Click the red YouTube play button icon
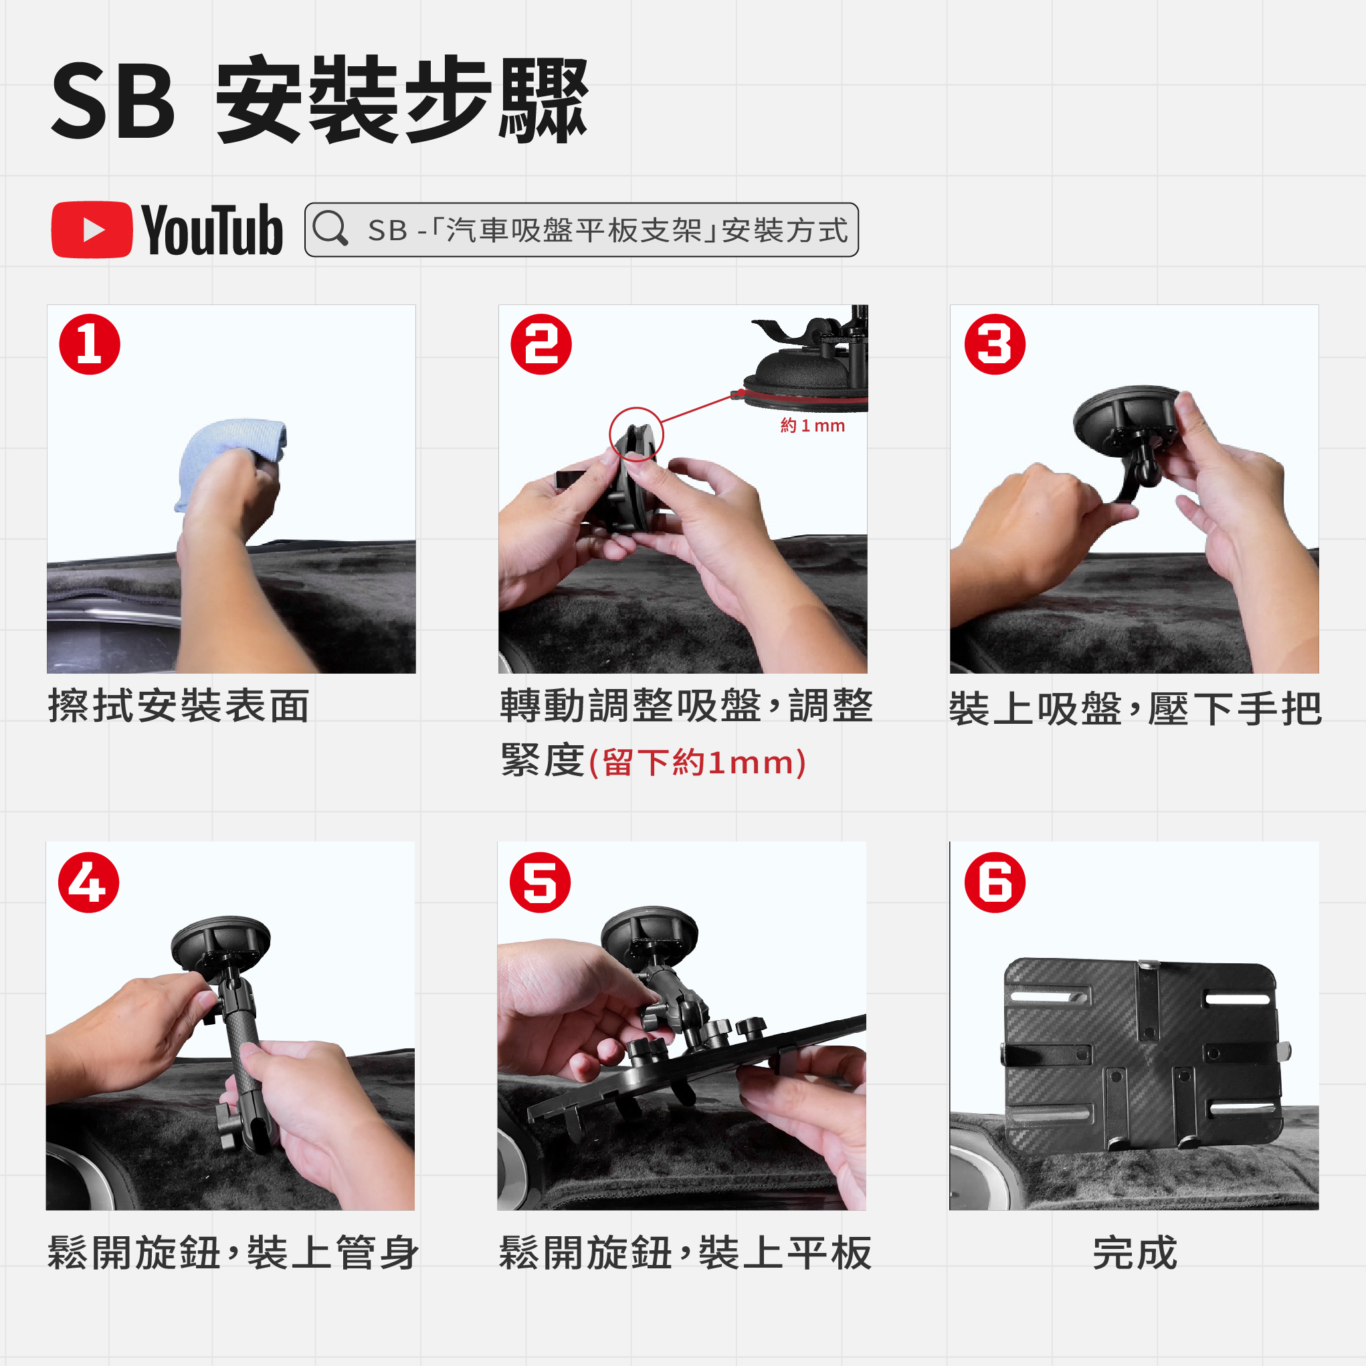coord(92,230)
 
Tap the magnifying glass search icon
coord(330,228)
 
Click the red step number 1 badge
coord(90,345)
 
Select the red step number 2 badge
coord(542,345)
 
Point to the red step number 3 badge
coord(995,345)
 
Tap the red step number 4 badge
coord(89,882)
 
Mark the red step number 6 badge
coord(995,882)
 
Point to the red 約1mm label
coord(812,425)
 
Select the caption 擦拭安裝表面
coord(179,706)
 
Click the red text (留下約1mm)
coord(697,763)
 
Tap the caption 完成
coord(1135,1253)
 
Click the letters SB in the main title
coord(113,100)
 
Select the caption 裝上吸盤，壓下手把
coord(1135,708)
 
